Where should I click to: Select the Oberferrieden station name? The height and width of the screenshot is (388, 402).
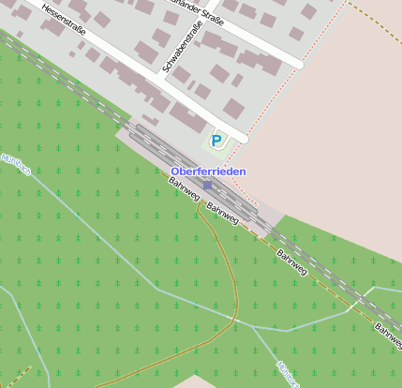click(209, 172)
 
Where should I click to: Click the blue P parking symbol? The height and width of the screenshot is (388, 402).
click(216, 142)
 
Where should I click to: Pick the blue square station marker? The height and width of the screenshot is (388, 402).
click(207, 186)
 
